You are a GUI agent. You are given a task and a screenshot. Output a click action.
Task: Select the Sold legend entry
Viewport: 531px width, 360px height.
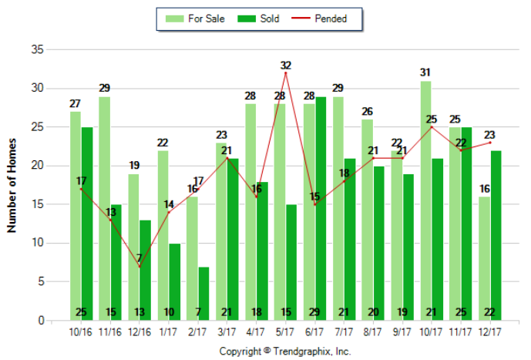click(251, 19)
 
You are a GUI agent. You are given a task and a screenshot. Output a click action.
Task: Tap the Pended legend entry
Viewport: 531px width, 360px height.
click(316, 19)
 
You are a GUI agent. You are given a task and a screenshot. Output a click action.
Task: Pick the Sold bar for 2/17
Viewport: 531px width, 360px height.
click(203, 294)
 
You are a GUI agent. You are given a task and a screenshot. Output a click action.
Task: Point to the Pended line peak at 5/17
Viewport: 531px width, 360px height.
click(286, 72)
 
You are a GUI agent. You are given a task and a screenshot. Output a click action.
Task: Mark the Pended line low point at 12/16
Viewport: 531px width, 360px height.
click(139, 266)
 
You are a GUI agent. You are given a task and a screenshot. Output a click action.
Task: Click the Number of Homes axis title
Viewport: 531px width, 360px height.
click(12, 185)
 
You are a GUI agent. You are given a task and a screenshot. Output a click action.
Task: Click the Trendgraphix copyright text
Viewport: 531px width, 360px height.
click(285, 351)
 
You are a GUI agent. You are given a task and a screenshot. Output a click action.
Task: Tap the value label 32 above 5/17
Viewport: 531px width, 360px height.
click(286, 65)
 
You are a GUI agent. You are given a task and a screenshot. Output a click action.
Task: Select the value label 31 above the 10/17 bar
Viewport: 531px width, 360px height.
click(425, 72)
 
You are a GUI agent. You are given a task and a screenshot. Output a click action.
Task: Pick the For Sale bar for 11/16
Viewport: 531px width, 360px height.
click(105, 208)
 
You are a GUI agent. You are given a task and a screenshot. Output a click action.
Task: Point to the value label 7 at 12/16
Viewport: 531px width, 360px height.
click(139, 257)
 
